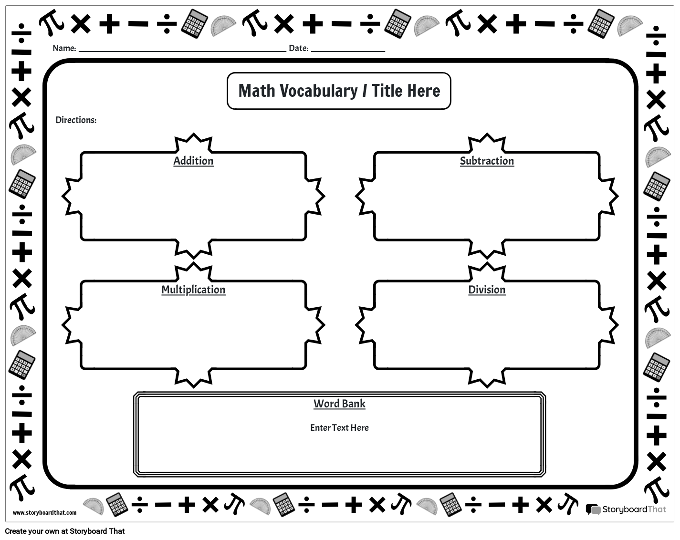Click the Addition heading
click(193, 161)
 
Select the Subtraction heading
click(487, 161)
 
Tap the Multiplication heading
click(193, 290)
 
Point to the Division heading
click(487, 290)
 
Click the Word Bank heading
click(339, 404)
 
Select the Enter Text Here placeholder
click(339, 427)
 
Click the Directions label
click(76, 120)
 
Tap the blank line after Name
click(182, 50)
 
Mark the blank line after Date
click(348, 50)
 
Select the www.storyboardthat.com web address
click(44, 513)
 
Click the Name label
click(64, 48)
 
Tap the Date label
click(299, 48)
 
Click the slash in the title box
click(365, 91)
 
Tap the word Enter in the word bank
click(320, 427)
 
